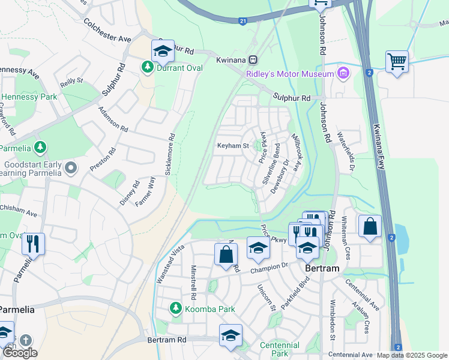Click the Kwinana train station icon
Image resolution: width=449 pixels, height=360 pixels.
click(x=253, y=60)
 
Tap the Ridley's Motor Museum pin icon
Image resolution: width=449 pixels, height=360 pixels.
click(x=343, y=74)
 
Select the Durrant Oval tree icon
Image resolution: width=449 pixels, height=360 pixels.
click(x=146, y=67)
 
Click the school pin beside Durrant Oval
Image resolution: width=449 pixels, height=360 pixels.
click(x=162, y=52)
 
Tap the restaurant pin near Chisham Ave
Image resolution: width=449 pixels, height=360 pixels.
click(x=32, y=244)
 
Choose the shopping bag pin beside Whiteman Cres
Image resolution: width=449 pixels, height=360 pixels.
click(x=370, y=227)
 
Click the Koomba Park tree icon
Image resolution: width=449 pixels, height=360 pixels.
click(x=175, y=308)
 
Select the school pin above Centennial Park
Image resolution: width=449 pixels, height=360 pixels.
click(x=231, y=337)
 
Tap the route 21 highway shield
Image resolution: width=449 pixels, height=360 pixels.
click(x=243, y=21)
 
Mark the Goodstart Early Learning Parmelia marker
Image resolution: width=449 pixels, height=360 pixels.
click(x=71, y=167)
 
